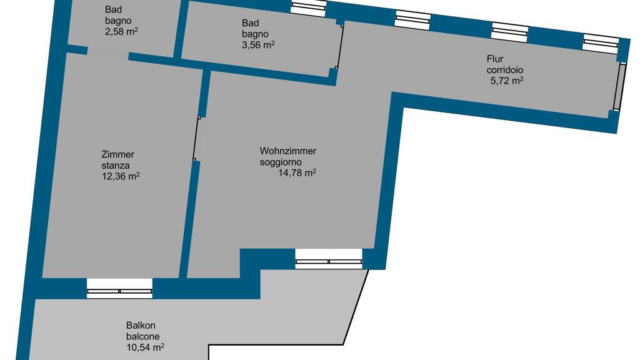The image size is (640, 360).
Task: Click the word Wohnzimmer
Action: (x=287, y=151)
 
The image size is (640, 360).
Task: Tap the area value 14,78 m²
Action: (x=297, y=172)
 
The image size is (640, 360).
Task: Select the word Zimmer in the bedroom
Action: (x=118, y=155)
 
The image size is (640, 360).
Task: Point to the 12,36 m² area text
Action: (x=121, y=176)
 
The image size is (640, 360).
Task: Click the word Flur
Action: (x=495, y=59)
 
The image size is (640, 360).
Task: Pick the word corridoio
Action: (x=505, y=70)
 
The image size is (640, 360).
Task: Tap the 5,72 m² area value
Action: (x=506, y=81)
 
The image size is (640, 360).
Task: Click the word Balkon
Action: (x=141, y=326)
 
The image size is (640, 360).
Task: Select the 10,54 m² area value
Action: (x=145, y=347)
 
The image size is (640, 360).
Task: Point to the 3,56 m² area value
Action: (x=258, y=44)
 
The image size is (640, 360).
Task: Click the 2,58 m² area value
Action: (x=121, y=31)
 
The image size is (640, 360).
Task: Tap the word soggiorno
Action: (x=281, y=162)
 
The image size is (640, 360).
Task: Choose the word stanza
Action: (x=116, y=165)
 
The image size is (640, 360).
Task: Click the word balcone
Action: (x=143, y=337)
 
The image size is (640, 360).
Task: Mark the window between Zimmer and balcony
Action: (x=119, y=289)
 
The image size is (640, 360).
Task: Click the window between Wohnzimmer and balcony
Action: (x=329, y=259)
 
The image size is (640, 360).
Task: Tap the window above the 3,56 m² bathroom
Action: (x=309, y=8)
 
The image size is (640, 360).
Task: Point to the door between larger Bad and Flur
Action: (x=339, y=46)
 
